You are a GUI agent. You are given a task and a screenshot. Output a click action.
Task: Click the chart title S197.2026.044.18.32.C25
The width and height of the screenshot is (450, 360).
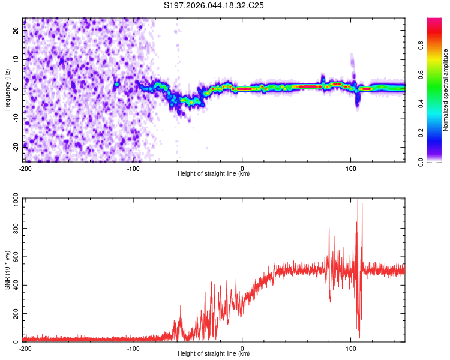[x=214, y=6]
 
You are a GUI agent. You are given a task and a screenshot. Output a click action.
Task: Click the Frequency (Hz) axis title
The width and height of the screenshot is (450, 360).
[x=7, y=89]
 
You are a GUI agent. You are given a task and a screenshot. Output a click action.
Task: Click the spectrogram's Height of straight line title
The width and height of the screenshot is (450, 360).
[x=214, y=174]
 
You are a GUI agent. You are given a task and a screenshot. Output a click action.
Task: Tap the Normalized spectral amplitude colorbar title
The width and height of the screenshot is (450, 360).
[x=446, y=89]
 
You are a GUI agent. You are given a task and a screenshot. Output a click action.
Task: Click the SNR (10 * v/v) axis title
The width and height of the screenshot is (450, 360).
[x=7, y=270]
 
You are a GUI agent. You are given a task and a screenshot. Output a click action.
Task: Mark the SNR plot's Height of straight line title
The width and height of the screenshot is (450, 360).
[x=214, y=354]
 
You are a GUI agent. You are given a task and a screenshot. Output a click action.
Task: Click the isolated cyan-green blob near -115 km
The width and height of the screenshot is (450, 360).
[x=117, y=84]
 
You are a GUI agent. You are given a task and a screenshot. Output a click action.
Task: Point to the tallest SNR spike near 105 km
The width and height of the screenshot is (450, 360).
[x=358, y=200]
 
